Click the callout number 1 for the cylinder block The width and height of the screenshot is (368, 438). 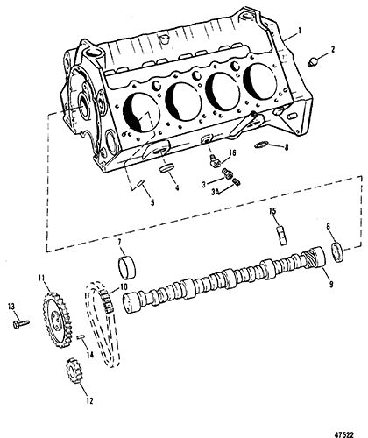(x=300, y=30)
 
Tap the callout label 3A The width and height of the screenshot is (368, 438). (x=216, y=192)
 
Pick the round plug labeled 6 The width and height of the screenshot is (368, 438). (x=337, y=251)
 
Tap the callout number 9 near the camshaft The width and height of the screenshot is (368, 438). (x=331, y=284)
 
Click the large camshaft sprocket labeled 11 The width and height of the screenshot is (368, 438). (x=56, y=320)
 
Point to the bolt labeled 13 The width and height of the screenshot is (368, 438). (x=21, y=323)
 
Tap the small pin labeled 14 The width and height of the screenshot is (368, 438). (x=81, y=337)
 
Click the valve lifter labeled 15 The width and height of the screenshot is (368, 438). (x=281, y=235)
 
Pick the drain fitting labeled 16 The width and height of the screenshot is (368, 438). (x=214, y=160)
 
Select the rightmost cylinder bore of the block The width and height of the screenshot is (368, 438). (x=260, y=81)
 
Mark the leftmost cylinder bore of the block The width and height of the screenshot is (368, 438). (x=142, y=113)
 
